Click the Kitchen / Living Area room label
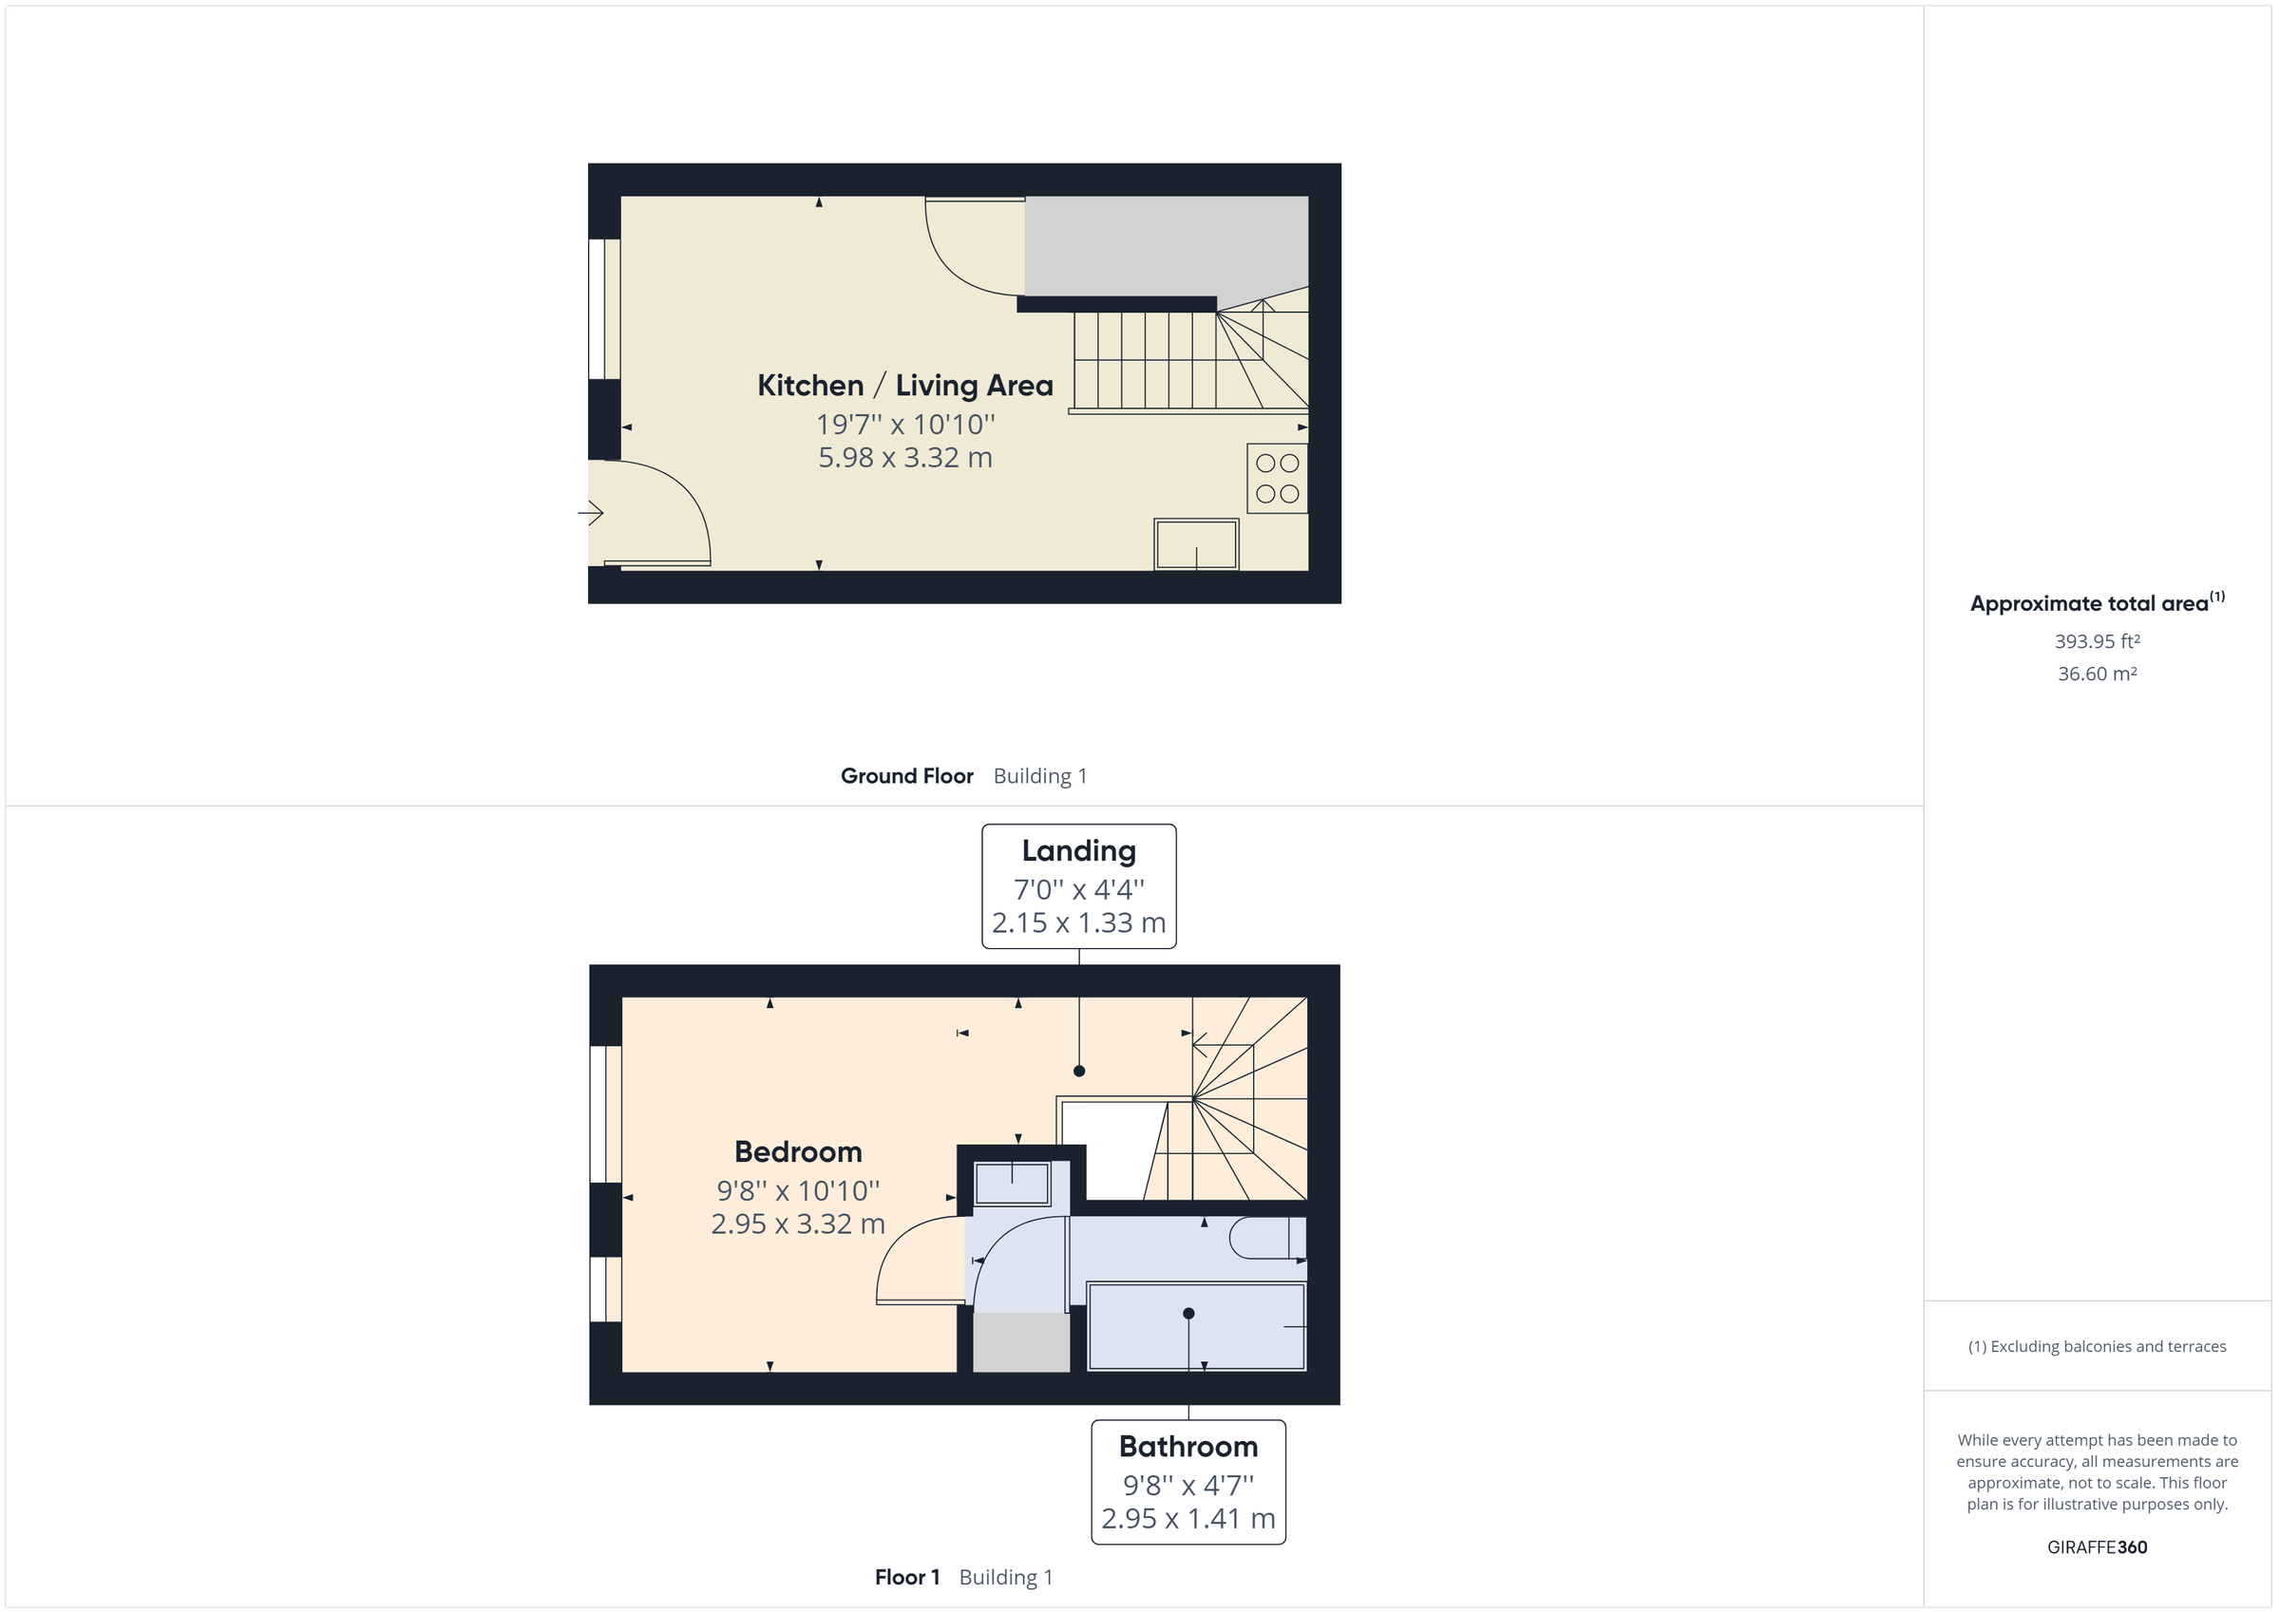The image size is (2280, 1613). tap(904, 386)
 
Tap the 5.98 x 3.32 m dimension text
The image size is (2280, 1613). tap(904, 458)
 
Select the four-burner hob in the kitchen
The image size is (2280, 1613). tap(1277, 478)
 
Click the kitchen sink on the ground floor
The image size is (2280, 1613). tap(1196, 544)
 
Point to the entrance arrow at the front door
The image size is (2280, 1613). tap(591, 513)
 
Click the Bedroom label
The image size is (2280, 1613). tap(797, 1152)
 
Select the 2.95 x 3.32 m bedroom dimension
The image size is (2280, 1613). tap(797, 1224)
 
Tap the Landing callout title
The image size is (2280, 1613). tap(1078, 851)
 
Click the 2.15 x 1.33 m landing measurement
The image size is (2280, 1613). tap(1078, 922)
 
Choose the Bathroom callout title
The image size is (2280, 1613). tap(1187, 1446)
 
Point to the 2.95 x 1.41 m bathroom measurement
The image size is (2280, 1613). tap(1187, 1519)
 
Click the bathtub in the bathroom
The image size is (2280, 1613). tap(1196, 1327)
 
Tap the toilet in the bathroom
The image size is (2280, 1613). tap(1267, 1239)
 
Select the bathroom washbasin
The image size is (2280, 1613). tap(1012, 1184)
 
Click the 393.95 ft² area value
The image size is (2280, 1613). tap(2097, 641)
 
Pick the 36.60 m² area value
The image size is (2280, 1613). tap(2097, 674)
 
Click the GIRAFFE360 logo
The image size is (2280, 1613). tap(2097, 1547)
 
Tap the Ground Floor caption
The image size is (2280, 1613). tap(906, 776)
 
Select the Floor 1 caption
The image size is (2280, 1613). tap(906, 1577)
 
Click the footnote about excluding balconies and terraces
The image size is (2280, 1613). tap(2097, 1347)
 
